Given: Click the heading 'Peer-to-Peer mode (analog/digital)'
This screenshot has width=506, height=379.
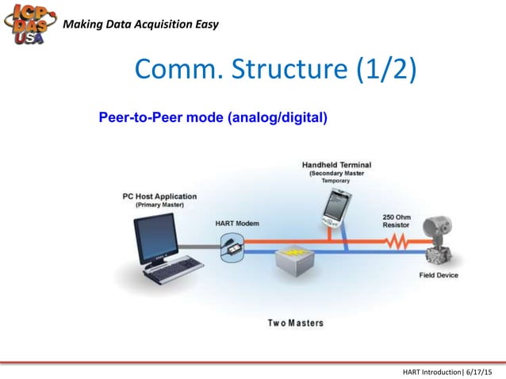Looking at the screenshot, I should [213, 118].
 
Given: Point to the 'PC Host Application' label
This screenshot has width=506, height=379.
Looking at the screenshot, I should [159, 196].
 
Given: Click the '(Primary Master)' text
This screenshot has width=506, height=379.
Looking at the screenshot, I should [159, 205].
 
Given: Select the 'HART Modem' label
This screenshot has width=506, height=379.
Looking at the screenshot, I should [237, 223].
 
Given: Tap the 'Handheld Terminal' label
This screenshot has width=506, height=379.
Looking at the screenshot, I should [336, 165].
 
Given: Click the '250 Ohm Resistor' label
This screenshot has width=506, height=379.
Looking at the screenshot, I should [397, 220].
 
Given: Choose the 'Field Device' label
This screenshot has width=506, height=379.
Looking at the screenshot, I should [439, 275].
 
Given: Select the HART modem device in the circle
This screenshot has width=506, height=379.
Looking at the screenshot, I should [236, 247].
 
